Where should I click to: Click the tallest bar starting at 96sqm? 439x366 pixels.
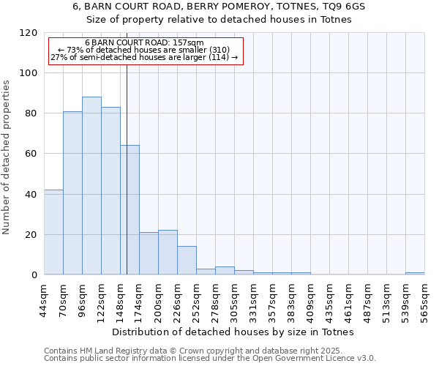91,186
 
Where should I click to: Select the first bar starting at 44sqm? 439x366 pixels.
53,232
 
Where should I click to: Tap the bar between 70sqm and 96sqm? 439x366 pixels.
72,193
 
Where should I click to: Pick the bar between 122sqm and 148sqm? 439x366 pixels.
110,191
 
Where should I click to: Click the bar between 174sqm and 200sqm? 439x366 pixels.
149,253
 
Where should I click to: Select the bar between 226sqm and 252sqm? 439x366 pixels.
187,261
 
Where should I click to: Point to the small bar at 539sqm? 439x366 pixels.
415,273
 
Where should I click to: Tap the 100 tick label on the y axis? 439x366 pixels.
29,73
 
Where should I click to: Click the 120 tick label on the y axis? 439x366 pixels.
29,33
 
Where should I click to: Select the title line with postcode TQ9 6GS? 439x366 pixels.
219,6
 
